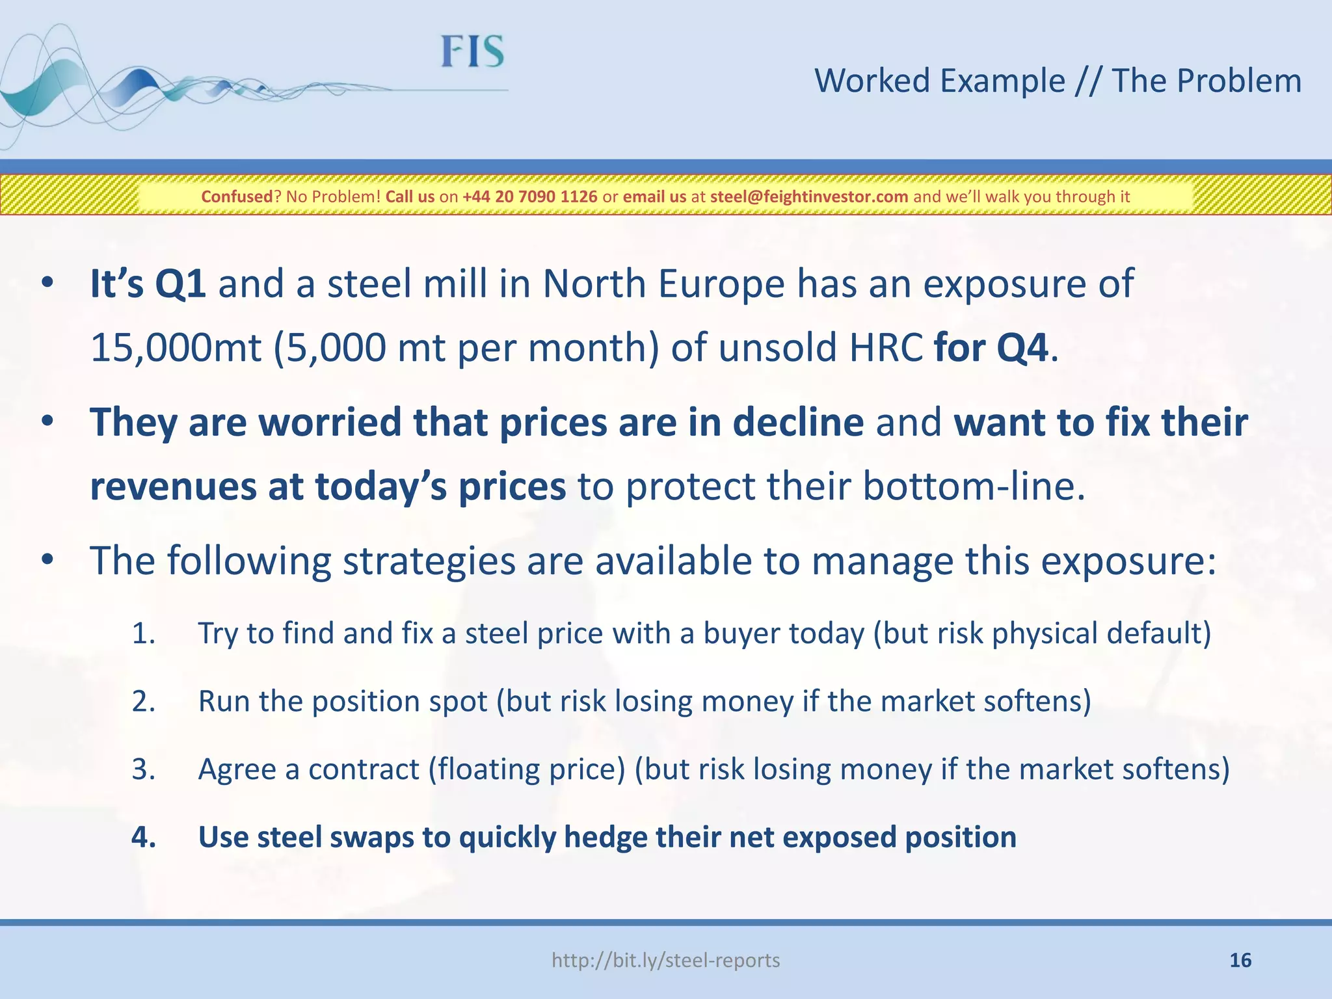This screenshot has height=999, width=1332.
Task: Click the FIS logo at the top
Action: tap(472, 52)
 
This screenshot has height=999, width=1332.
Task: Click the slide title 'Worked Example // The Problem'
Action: tap(1058, 81)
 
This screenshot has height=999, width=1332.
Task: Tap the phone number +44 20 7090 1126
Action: tap(529, 196)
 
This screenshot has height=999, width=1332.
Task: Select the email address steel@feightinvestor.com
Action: tap(808, 196)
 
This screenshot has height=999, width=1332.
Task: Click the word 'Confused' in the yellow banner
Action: tap(237, 196)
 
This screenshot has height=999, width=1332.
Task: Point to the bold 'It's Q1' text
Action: tap(148, 284)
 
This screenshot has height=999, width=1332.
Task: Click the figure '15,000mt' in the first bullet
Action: tap(176, 348)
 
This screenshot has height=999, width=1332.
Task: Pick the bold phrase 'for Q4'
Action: tap(991, 348)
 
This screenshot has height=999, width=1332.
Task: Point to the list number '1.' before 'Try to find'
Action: tap(143, 633)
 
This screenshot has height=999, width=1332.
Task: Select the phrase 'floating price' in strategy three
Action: tap(526, 769)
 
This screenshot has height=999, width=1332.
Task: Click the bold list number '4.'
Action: tap(144, 837)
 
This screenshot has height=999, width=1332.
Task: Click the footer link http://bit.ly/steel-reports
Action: tap(665, 960)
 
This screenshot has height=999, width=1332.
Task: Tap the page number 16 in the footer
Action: tap(1240, 960)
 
